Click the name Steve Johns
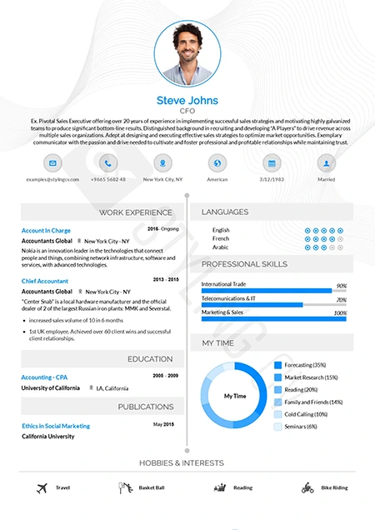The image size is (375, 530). pos(187,100)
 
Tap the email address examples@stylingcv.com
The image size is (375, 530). pos(53,179)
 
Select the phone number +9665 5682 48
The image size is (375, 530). pos(108,179)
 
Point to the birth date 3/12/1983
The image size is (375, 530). pos(272,179)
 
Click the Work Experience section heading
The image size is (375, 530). pos(136,212)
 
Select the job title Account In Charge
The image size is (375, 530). pos(46,230)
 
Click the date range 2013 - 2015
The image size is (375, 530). pos(166,279)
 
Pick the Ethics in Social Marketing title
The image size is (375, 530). pos(56,426)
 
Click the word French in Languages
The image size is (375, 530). pos(221,238)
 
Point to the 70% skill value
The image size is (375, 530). pos(341,300)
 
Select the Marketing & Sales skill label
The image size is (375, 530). pos(222,312)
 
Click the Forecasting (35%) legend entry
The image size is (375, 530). pos(305,365)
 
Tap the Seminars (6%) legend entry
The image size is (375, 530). pos(301,427)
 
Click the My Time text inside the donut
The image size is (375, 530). pos(235,395)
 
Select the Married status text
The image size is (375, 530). pos(326,179)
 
